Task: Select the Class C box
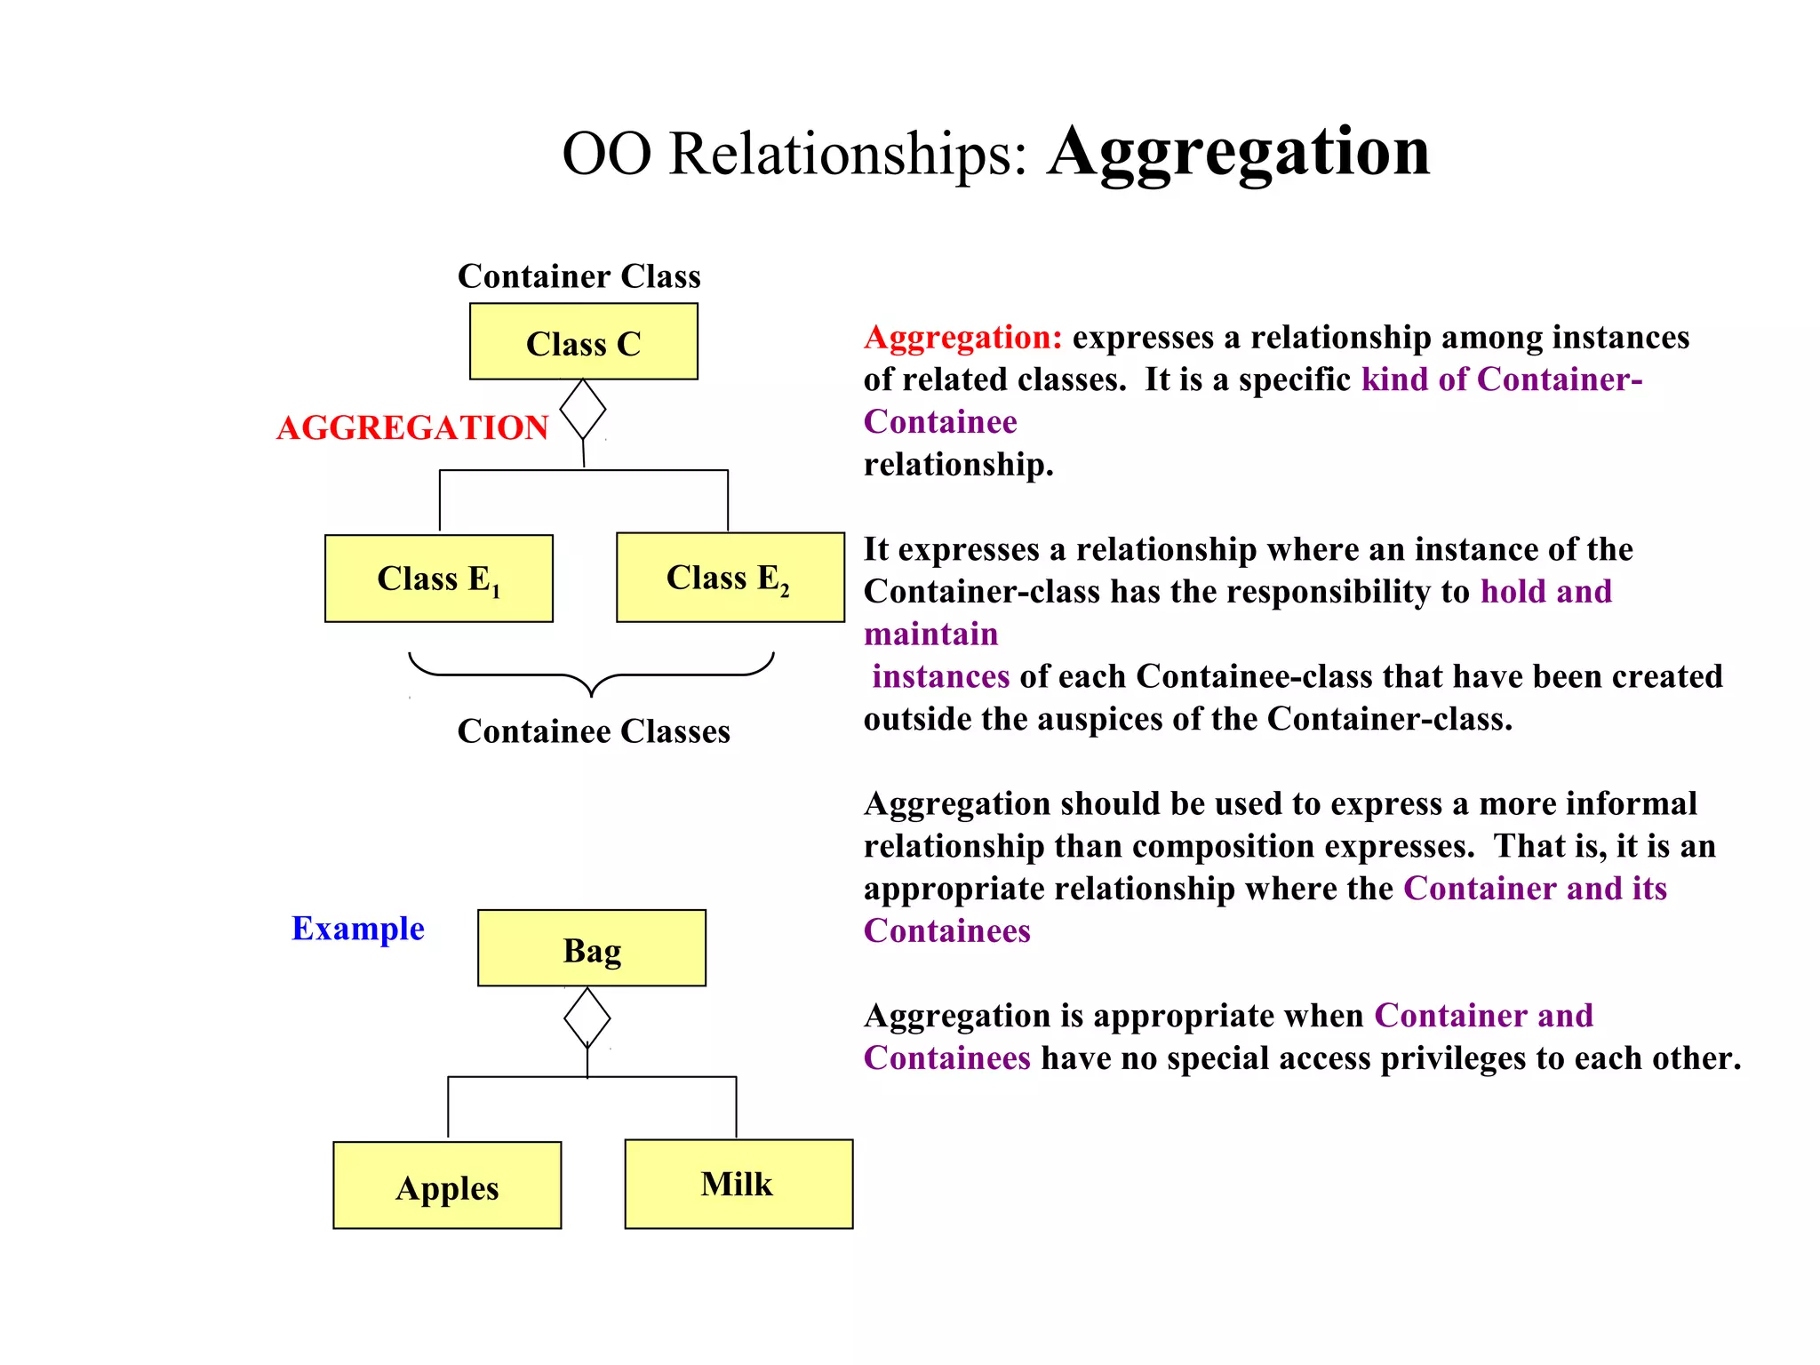(583, 342)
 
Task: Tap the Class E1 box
(438, 579)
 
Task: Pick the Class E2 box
(730, 578)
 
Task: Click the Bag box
(591, 948)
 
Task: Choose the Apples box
(447, 1185)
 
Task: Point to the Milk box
(738, 1184)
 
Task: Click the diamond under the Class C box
(583, 410)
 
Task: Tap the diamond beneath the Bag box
(587, 1018)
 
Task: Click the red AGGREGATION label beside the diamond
(412, 427)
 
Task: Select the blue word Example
(357, 928)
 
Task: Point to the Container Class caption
(579, 276)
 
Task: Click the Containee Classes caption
(593, 731)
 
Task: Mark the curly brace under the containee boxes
(591, 675)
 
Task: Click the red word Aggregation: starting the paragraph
(962, 338)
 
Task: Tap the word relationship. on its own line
(958, 465)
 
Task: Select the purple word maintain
(930, 635)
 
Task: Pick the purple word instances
(940, 677)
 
